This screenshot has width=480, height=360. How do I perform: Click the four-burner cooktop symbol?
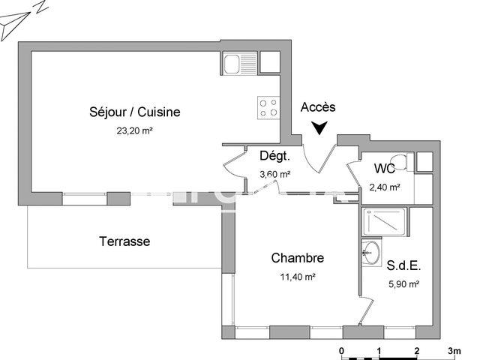(269, 107)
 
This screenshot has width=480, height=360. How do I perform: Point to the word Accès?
(319, 107)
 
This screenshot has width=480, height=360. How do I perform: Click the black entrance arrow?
(320, 128)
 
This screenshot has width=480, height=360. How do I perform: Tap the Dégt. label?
(274, 156)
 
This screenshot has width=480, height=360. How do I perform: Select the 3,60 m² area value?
(274, 174)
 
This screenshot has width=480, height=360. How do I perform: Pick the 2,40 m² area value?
(385, 187)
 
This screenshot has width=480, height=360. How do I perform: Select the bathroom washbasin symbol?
(369, 252)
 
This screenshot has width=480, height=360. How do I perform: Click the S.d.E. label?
(403, 265)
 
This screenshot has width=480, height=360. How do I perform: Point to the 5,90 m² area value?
(403, 283)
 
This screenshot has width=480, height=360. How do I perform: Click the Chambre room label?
(298, 258)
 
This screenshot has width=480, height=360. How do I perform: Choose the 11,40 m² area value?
(298, 276)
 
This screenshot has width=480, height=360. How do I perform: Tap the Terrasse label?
(124, 241)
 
